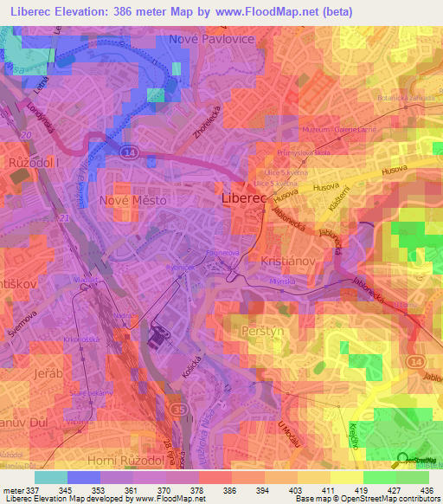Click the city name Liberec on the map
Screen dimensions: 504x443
[x=251, y=198]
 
